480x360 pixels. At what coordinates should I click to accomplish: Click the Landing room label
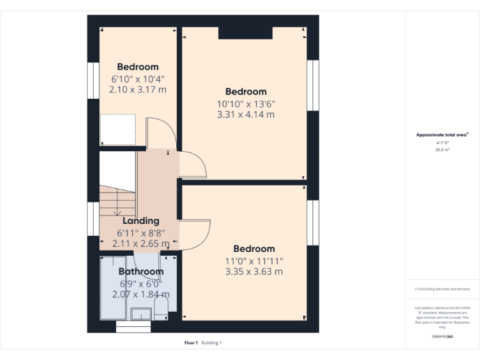pos(141,221)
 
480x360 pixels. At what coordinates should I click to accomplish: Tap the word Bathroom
pos(141,271)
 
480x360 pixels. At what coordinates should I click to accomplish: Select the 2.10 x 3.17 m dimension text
pos(137,90)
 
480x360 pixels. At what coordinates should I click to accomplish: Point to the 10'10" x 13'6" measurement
pos(246,103)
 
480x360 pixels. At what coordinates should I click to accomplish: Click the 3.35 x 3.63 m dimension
pos(254,272)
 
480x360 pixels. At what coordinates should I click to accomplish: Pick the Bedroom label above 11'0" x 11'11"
pos(254,249)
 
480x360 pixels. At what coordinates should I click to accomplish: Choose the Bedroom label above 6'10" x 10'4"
pos(137,67)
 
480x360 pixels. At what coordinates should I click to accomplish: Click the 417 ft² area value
pos(442,143)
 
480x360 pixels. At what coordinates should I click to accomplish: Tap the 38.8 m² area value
pos(442,150)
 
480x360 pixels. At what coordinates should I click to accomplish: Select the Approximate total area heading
pos(442,135)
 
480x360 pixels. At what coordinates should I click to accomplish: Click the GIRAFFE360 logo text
pos(442,336)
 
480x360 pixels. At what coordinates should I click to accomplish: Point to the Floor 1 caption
pos(191,342)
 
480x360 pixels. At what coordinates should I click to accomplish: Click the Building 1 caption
pos(211,342)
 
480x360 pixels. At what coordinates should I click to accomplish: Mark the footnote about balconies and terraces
pos(442,289)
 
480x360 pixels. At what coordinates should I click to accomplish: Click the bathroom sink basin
pos(141,313)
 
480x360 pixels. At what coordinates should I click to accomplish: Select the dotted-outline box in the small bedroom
pos(118,129)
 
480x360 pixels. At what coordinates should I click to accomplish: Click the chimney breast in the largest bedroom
pos(245,32)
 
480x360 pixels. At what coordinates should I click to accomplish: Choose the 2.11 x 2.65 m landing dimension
pos(141,244)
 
